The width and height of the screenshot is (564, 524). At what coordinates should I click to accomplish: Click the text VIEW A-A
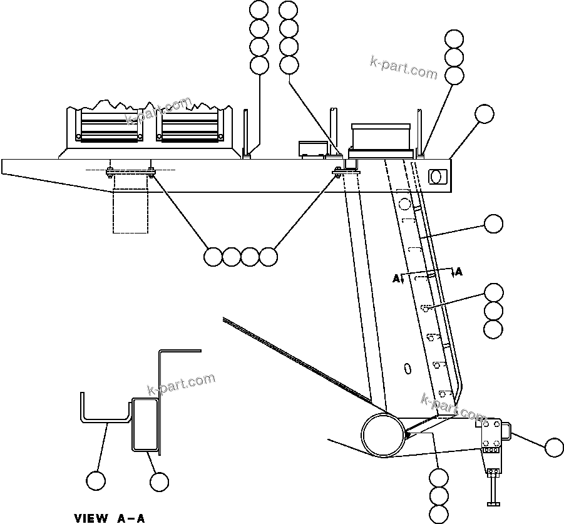[110, 518]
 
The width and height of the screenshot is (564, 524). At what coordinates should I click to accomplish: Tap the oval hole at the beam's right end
[439, 177]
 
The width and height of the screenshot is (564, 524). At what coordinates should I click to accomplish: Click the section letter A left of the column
[396, 279]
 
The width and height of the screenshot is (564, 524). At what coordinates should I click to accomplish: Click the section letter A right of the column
[459, 272]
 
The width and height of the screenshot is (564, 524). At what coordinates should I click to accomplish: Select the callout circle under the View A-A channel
[96, 480]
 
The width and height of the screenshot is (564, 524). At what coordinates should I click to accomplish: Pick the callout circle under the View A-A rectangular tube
[160, 481]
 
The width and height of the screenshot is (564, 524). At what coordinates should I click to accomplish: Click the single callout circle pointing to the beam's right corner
[484, 114]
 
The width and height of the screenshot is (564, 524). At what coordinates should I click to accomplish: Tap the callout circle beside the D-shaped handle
[554, 447]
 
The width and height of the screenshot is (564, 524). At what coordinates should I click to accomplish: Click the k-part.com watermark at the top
[404, 67]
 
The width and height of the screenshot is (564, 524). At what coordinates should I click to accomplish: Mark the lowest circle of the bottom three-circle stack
[439, 514]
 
